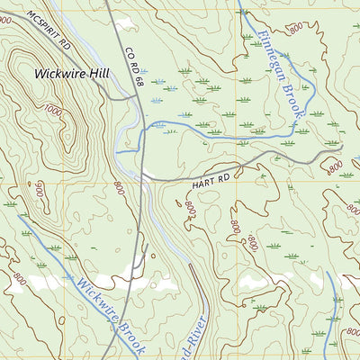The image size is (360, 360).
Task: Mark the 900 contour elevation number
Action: (39, 191)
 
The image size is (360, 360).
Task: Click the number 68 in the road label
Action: (139, 83)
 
